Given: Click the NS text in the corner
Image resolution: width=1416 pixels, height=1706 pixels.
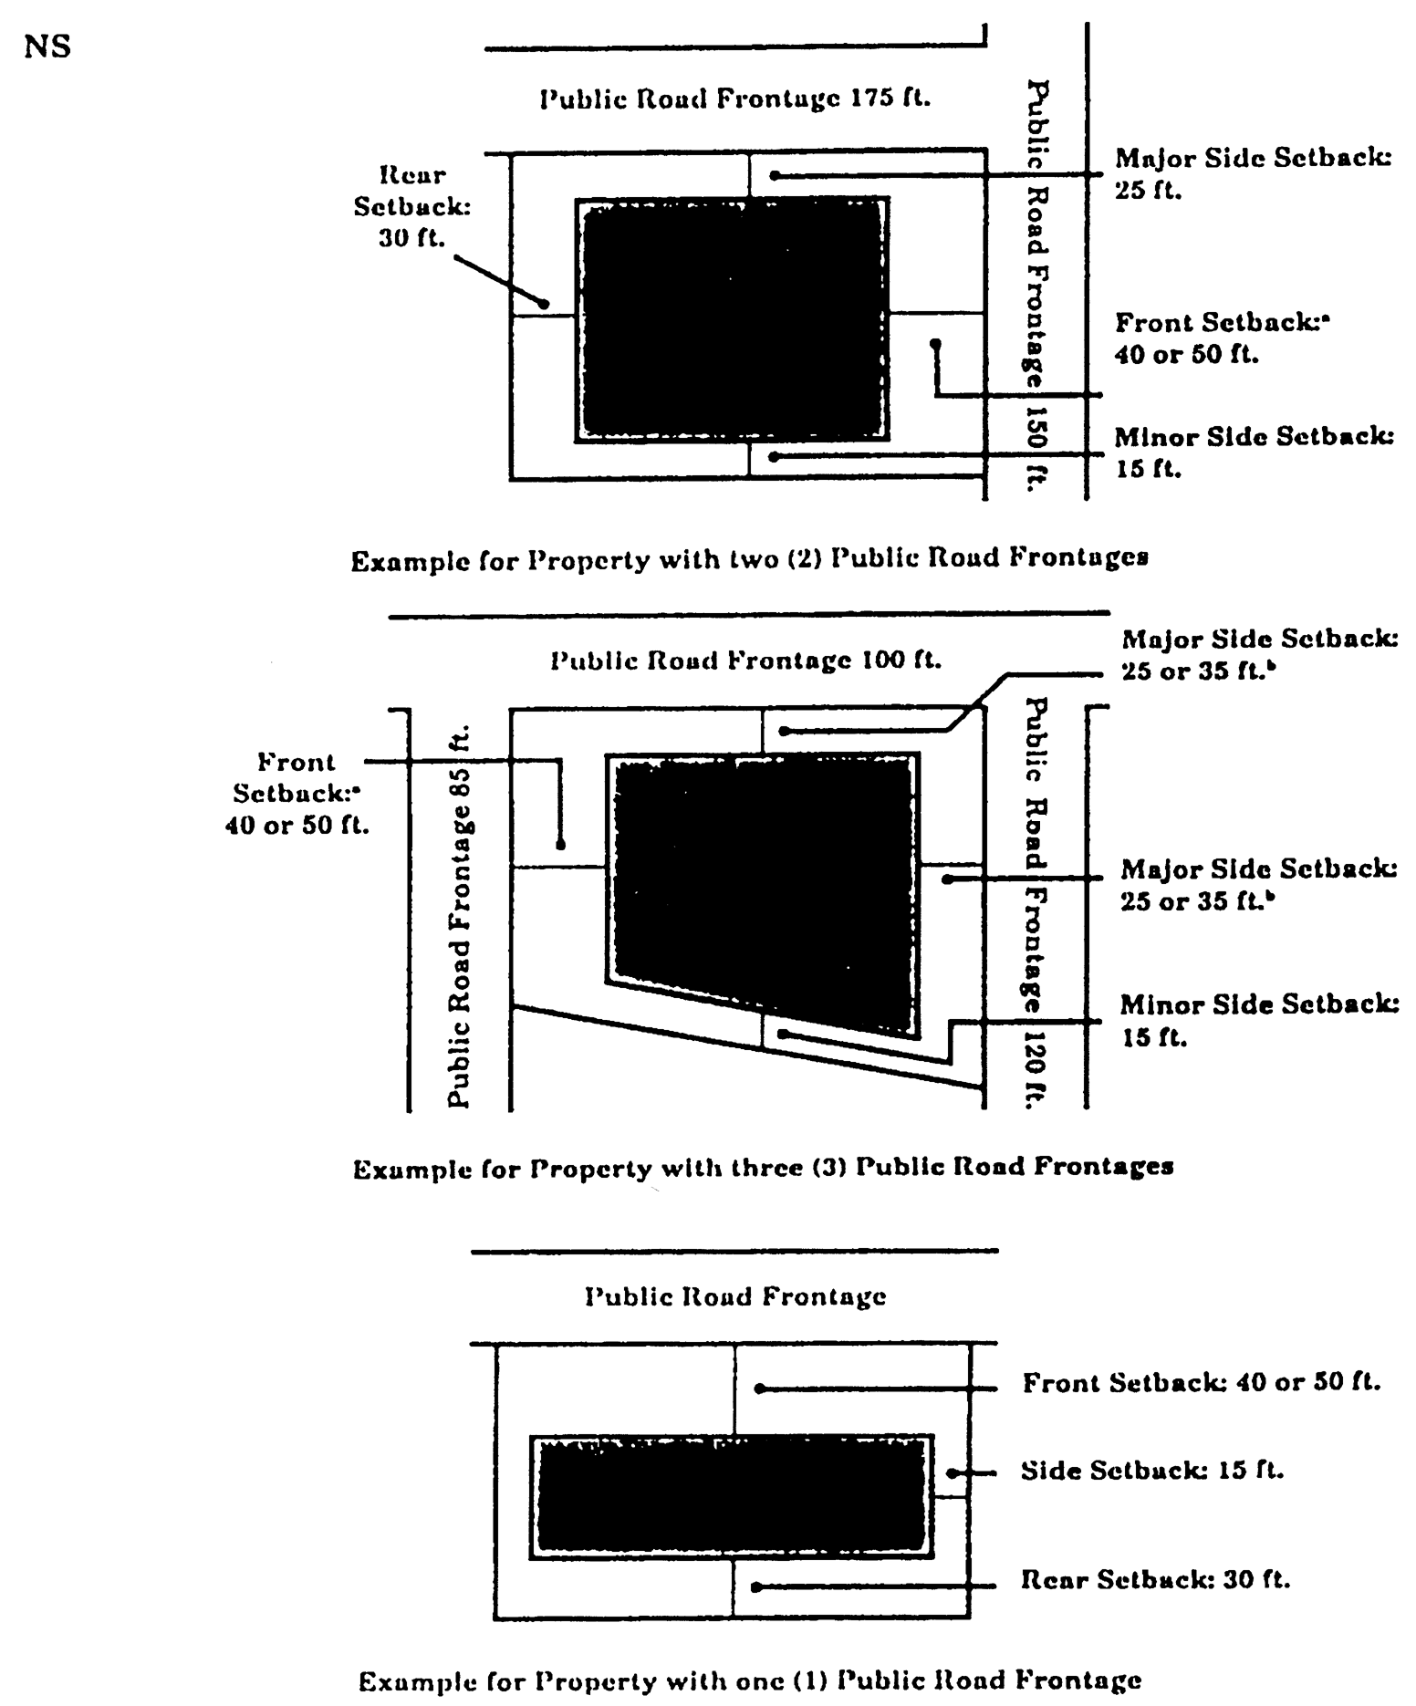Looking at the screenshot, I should coord(47,47).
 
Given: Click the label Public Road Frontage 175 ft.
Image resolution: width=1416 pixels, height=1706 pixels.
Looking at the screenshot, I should coord(735,99).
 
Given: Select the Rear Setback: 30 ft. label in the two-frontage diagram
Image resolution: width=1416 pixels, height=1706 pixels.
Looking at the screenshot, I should coord(412,207).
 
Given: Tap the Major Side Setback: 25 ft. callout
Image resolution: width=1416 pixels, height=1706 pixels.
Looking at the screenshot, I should coord(1253,174).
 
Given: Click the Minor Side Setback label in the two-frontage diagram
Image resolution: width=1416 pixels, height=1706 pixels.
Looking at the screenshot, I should coord(1254,453).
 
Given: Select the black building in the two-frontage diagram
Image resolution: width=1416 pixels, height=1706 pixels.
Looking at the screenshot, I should coord(733,319).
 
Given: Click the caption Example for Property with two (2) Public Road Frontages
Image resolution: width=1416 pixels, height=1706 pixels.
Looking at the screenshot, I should coord(749,558).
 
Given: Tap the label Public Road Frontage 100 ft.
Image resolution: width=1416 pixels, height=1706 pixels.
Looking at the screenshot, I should coord(745,660).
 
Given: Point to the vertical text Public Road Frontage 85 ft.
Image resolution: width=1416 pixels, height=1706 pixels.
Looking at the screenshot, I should coord(460,916).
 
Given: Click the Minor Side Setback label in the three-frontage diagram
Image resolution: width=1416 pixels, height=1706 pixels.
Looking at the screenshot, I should coord(1259,1021).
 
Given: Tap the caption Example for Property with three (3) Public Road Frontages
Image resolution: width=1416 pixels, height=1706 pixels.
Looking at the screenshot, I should coord(763,1168).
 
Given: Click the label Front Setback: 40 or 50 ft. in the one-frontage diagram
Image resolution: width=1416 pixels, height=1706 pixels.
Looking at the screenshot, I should coord(1201,1383).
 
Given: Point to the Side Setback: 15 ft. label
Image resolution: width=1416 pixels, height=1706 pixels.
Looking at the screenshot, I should coord(1151,1471).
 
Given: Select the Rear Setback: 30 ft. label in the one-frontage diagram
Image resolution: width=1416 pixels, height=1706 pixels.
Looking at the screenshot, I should coord(1155,1579).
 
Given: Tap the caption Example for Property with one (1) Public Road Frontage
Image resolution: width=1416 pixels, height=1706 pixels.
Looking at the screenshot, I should coord(749,1680).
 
